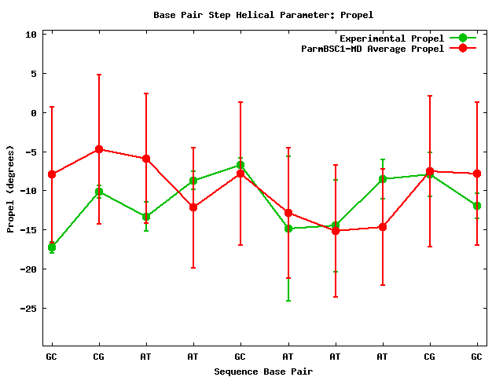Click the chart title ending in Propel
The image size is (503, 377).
coord(252,15)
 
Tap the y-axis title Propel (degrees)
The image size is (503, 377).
coord(11,188)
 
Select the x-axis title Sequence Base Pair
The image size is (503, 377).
coord(263,371)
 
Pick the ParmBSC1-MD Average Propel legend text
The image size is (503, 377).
coord(373,49)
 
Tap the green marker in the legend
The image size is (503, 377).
coord(463,38)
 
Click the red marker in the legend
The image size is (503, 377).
coord(463,48)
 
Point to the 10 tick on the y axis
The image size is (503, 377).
coord(31,35)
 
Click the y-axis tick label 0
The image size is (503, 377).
coord(34,113)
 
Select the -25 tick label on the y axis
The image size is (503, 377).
coord(28,309)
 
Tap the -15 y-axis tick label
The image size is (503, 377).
coord(28,230)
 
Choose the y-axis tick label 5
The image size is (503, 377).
coord(34,74)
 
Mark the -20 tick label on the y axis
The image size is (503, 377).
coord(28,269)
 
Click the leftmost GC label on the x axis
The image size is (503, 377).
coord(52,357)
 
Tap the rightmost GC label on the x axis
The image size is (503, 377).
coord(477,357)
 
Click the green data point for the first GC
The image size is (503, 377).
coord(52,247)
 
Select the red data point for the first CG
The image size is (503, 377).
coord(99,149)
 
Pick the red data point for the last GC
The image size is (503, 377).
coord(477,174)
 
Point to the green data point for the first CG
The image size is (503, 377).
coord(99,192)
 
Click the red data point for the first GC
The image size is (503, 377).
coord(52,174)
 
